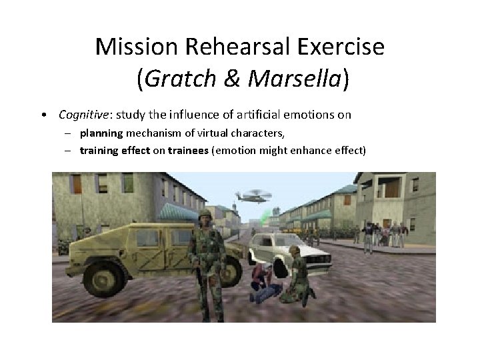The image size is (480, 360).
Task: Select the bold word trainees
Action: click(188, 151)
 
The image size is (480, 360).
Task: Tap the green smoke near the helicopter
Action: click(267, 215)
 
